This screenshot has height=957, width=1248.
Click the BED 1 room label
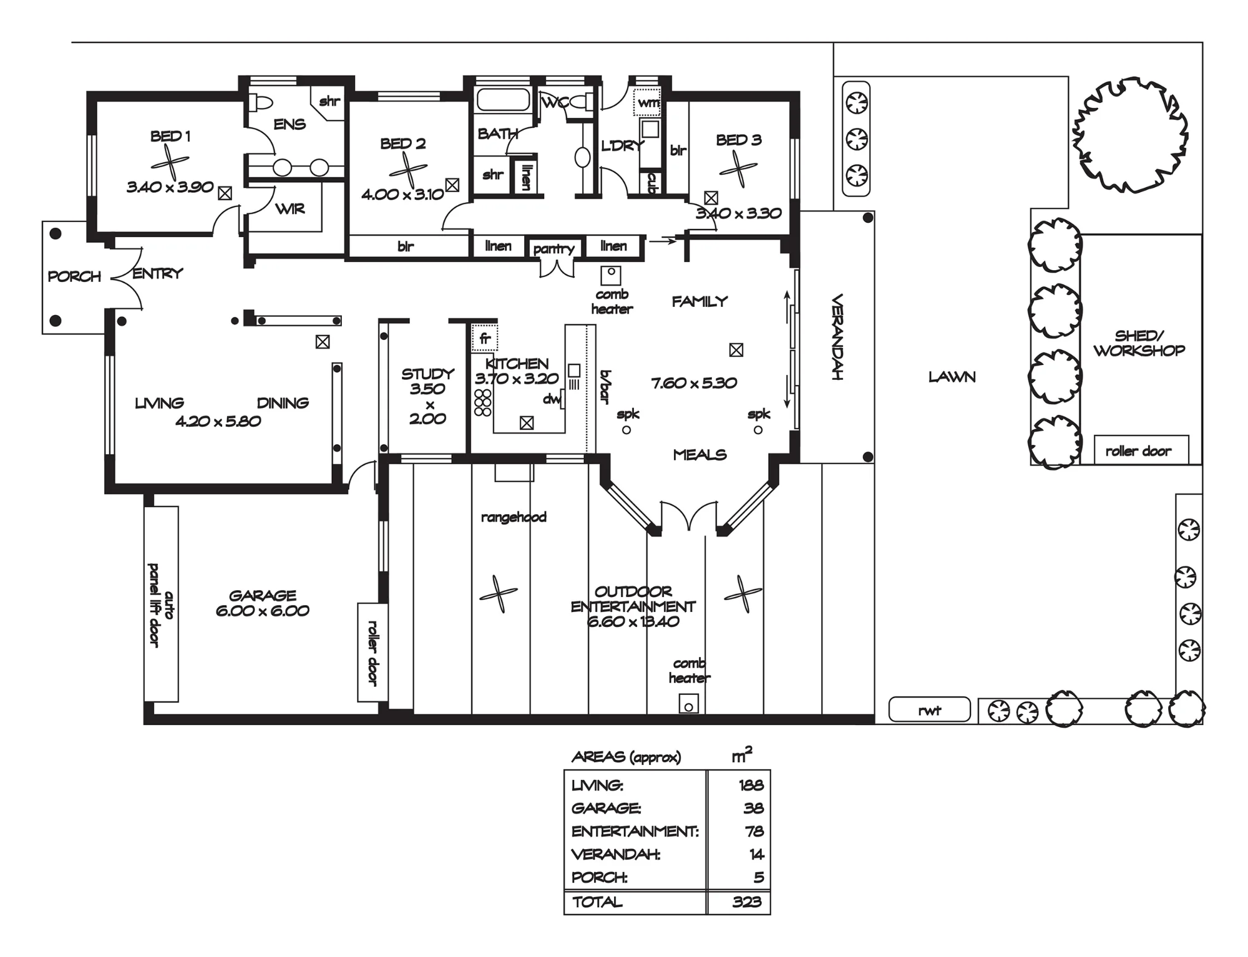170,136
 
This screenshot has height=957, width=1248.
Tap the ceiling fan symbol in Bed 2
407,170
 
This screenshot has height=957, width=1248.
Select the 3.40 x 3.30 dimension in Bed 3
739,213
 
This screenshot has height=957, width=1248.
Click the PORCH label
74,276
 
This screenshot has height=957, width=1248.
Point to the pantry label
553,249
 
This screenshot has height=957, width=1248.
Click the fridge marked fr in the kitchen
485,338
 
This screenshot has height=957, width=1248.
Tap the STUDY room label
427,374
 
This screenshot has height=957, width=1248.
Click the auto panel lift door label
161,605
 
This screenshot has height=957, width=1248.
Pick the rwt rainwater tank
929,709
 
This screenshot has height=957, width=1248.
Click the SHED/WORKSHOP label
1139,343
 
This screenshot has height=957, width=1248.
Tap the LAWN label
952,377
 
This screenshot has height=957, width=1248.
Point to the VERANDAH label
837,337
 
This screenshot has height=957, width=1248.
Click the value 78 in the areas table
754,831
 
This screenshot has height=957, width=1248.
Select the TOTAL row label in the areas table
597,901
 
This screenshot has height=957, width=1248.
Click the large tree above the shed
1129,136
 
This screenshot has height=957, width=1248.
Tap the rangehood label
514,517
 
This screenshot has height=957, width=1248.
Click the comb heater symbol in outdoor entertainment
688,704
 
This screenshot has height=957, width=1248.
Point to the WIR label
290,209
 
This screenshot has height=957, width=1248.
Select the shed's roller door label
1138,451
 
